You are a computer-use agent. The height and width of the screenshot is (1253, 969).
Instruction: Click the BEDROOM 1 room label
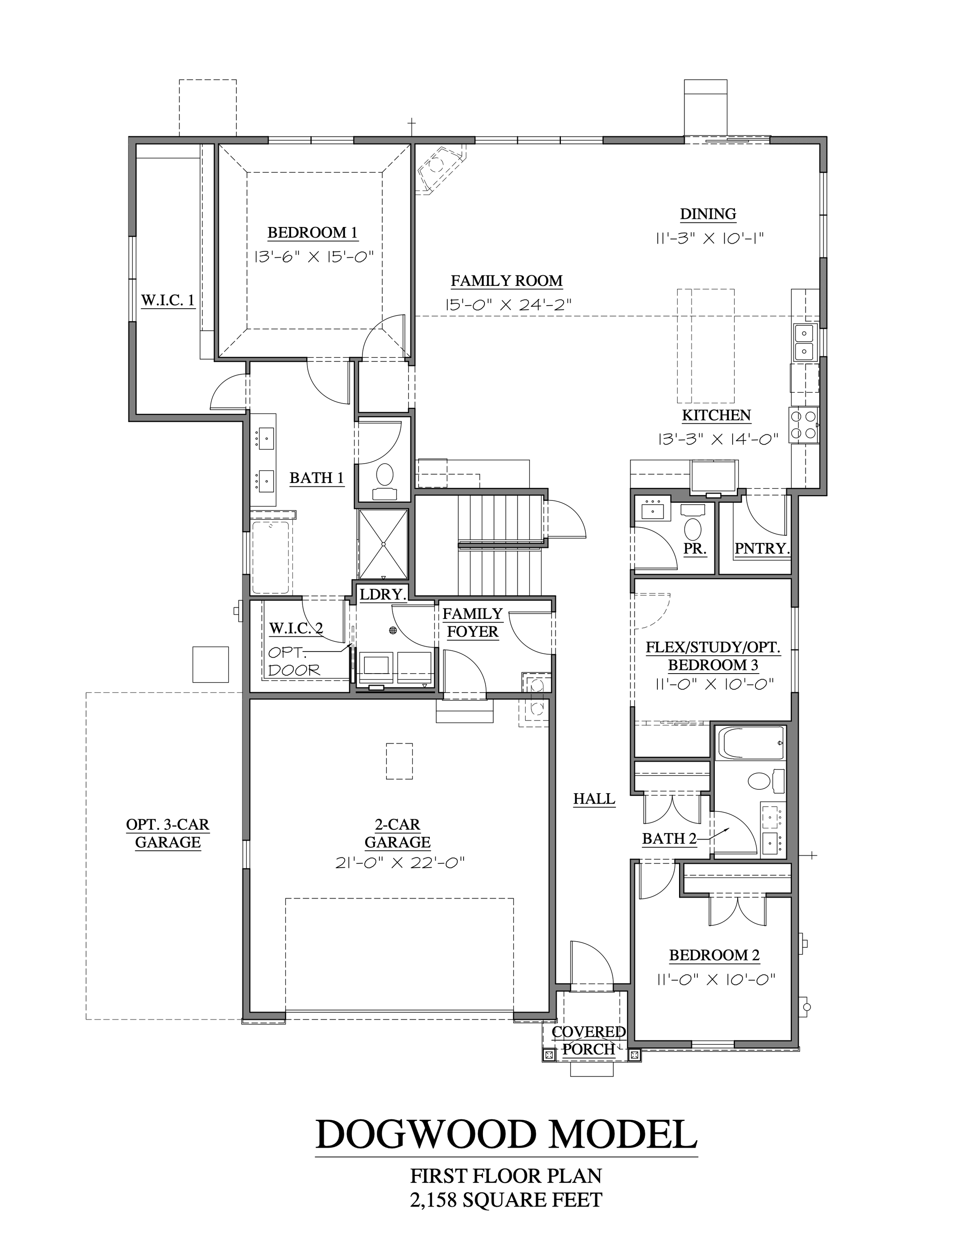313,233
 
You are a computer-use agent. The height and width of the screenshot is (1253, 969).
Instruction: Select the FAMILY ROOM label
506,281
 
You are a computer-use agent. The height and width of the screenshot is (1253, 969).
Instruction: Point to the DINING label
708,214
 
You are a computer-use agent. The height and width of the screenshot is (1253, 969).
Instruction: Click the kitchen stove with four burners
803,425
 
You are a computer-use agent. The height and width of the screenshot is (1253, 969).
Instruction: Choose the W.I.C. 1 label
167,300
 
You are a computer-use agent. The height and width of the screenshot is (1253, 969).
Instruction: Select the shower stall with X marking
383,543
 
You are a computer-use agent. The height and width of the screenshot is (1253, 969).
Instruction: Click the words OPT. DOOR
293,661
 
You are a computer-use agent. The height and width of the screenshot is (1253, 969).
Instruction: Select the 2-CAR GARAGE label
397,834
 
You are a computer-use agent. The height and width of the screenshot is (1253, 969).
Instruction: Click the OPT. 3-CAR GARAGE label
167,834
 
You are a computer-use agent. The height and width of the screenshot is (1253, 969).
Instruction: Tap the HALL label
594,799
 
